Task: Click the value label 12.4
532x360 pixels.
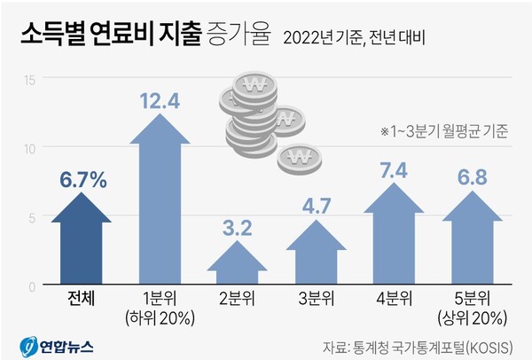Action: tap(160, 101)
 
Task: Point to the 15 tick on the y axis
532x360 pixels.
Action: tap(28, 80)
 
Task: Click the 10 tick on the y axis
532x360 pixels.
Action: tap(28, 148)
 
